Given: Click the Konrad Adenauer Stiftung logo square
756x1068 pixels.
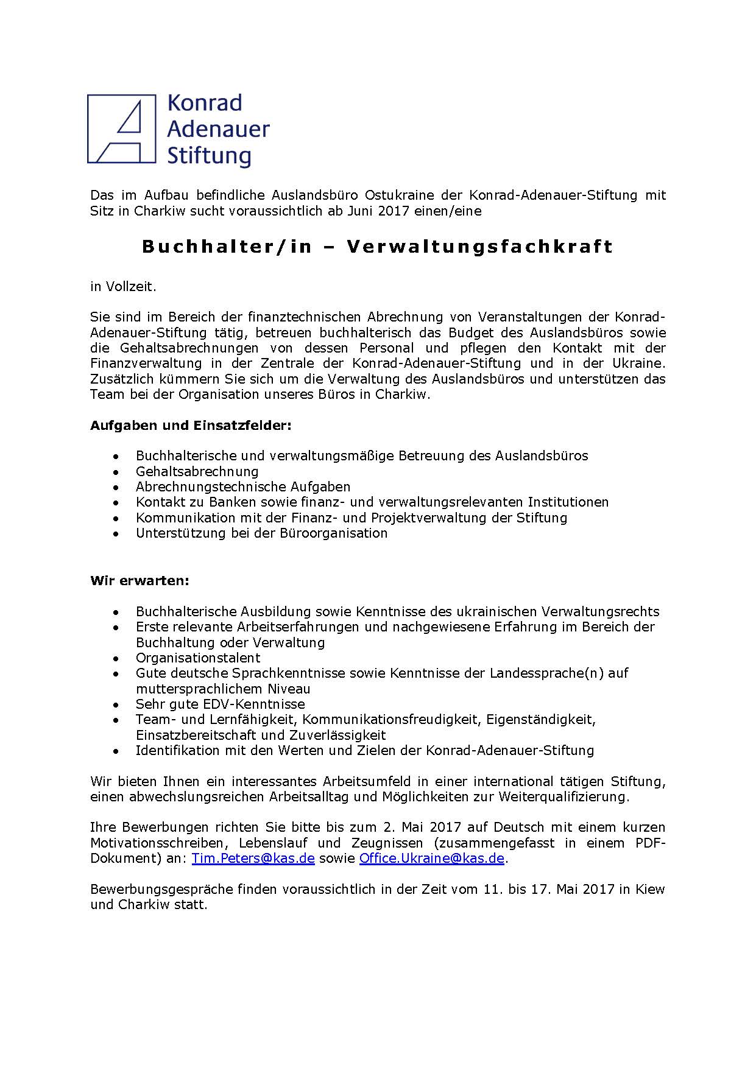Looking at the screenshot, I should (x=121, y=128).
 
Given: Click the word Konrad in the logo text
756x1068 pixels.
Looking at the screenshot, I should (x=204, y=102).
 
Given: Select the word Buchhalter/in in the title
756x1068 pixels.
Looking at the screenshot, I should (x=227, y=247).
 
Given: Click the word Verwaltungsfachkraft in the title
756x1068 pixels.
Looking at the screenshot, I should (x=479, y=247).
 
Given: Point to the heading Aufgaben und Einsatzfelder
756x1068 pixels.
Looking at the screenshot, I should (x=191, y=425).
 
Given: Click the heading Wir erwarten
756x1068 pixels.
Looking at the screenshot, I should (x=140, y=580).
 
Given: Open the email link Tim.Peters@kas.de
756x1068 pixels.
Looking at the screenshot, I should (x=253, y=858).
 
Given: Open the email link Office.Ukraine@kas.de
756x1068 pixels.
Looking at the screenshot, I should (x=432, y=858).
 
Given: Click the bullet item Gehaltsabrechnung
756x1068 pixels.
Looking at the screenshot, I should (x=197, y=471).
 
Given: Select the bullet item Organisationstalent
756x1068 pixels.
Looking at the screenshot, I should (x=198, y=658).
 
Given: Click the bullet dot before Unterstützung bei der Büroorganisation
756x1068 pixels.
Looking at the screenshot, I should (x=116, y=534).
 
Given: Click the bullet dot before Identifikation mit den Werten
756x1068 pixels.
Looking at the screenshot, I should (x=116, y=751).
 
